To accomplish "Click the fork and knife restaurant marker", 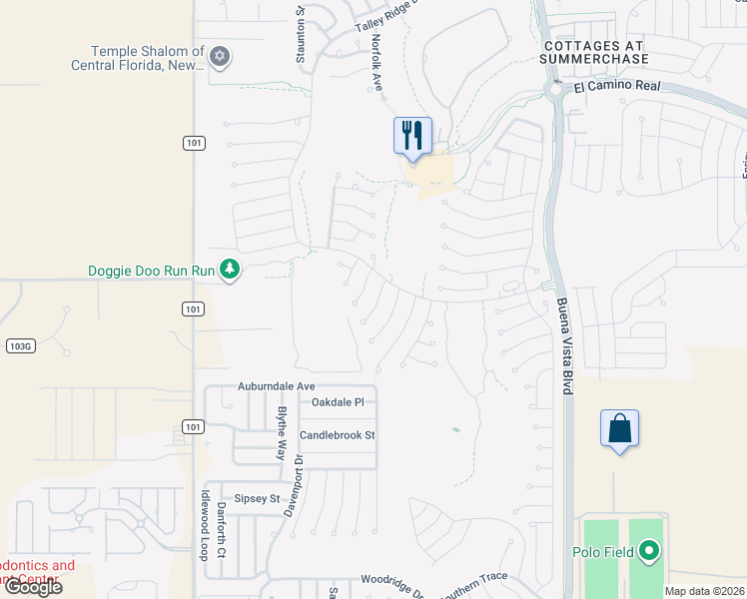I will tap(412, 135).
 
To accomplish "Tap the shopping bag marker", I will tap(619, 428).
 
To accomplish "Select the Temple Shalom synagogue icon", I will tap(220, 57).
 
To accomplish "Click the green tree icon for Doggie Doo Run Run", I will tap(231, 270).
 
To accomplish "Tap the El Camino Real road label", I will tap(618, 87).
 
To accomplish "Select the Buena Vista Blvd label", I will tap(564, 345).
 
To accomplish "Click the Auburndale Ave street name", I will tap(276, 385).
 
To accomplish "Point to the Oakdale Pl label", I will tap(338, 402).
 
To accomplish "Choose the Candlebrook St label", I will tap(337, 435).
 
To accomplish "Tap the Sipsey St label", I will tap(257, 497).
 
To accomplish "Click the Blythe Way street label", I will tap(282, 432).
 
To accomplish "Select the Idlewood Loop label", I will tap(203, 532).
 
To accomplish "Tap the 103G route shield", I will tap(19, 345).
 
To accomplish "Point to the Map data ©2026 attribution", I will tap(705, 591).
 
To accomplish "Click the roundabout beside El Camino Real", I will tap(555, 92).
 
